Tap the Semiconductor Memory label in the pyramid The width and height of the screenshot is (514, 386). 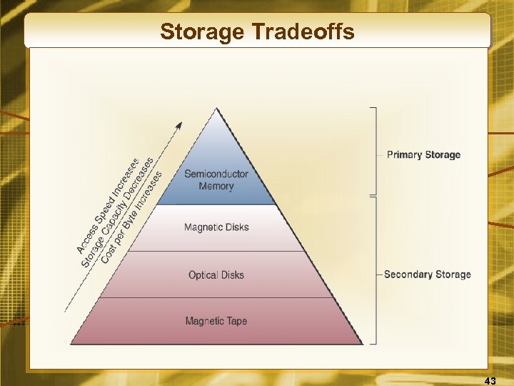tap(216, 179)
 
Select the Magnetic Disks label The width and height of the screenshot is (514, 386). tap(216, 227)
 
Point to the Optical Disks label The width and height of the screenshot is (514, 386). tap(216, 275)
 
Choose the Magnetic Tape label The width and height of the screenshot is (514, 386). tap(216, 321)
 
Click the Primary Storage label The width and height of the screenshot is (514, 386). tap(423, 154)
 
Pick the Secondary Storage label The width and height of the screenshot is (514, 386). tap(427, 274)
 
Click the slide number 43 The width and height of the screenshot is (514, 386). tap(490, 381)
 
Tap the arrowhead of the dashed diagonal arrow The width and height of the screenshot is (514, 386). tap(179, 124)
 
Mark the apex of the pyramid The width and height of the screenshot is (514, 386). tap(217, 109)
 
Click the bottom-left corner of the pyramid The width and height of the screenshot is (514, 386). tap(71, 344)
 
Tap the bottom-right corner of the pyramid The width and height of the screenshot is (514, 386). tap(362, 344)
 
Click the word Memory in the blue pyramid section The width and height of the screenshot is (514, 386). tap(216, 186)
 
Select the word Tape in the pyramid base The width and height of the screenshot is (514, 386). tap(236, 321)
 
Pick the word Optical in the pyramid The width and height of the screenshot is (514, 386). tap(203, 275)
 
